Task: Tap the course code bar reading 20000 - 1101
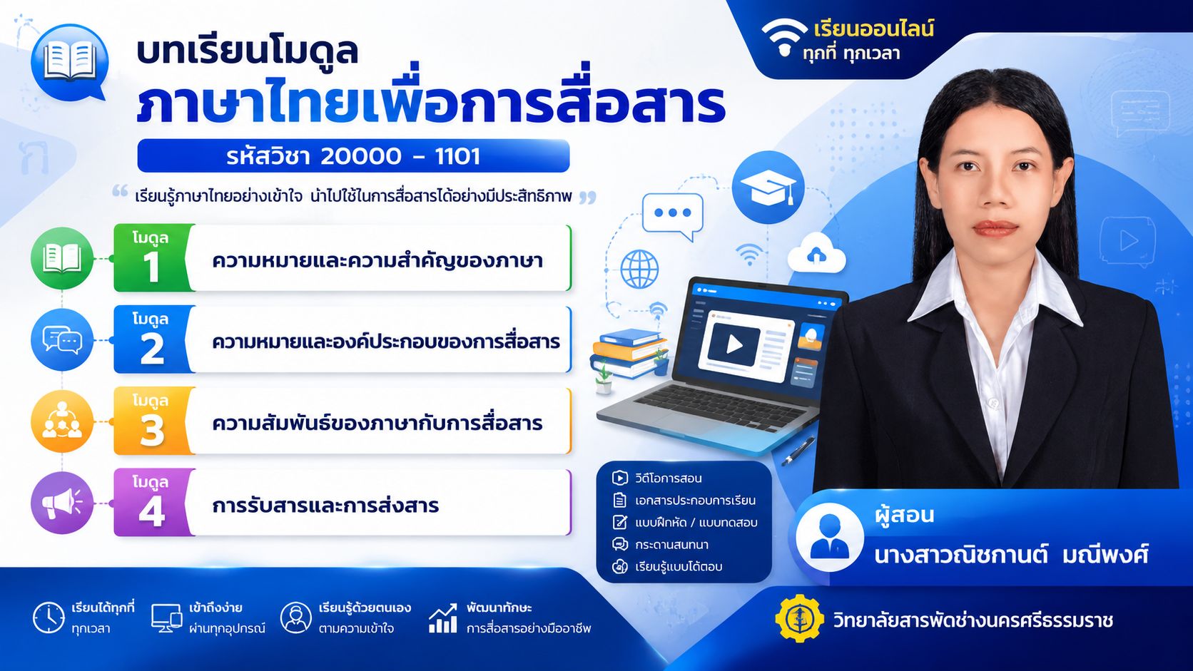(x=353, y=156)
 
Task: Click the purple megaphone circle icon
(x=62, y=503)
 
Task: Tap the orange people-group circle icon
(x=62, y=421)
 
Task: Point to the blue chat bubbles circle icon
(x=62, y=340)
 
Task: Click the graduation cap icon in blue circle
(x=768, y=187)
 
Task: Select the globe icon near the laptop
(x=639, y=270)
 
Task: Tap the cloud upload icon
(x=816, y=253)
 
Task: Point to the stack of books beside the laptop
(x=629, y=353)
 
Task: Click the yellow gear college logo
(x=799, y=619)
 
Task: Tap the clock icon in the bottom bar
(x=49, y=618)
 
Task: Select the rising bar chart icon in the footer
(x=443, y=618)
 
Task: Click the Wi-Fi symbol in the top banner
(x=784, y=36)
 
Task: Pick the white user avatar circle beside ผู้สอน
(x=829, y=537)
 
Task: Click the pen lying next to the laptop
(x=798, y=451)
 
